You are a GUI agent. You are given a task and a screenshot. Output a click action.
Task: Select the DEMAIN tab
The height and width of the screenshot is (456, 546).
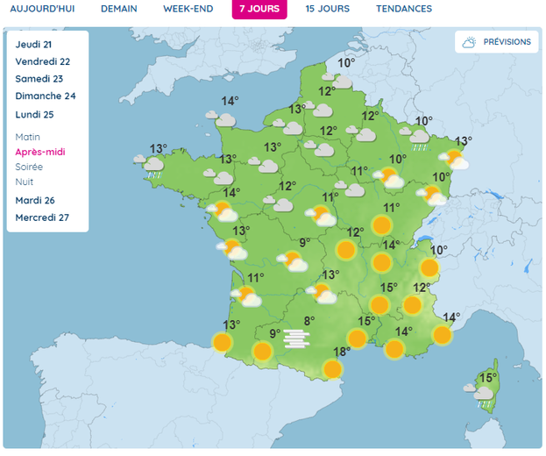118,9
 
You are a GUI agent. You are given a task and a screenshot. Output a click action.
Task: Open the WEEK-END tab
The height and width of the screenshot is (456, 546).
188,9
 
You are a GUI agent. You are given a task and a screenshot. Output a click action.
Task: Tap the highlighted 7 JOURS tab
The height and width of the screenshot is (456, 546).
259,9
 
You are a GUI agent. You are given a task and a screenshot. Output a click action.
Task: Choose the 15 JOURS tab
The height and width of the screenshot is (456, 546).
327,9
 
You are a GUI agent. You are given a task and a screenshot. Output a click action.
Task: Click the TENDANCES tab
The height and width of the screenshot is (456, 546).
403,9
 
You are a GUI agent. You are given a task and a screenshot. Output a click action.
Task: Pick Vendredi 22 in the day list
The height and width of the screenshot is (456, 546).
42,61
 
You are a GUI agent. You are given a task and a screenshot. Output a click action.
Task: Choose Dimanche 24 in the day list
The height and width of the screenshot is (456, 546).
46,96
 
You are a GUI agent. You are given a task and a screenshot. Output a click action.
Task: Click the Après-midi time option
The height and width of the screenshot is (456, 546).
40,152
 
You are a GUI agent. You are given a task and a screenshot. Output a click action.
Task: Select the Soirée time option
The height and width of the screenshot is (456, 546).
29,167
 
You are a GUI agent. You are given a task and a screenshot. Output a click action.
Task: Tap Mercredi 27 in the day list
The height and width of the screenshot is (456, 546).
42,217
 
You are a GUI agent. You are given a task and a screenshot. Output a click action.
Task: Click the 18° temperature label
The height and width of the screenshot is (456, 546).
342,352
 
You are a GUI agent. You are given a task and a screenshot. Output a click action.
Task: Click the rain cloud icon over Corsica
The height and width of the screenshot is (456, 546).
484,396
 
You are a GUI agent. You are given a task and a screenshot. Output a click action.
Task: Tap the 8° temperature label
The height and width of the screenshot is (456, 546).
308,321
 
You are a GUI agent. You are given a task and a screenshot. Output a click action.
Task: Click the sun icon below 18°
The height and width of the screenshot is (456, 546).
332,369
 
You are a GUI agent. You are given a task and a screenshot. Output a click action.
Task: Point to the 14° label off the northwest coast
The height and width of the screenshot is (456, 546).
230,100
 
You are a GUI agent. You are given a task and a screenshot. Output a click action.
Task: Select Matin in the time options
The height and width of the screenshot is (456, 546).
28,137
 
